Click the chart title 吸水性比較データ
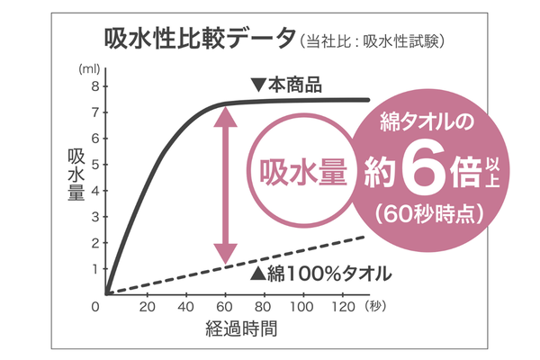tap(198, 38)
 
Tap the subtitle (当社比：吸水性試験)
tap(373, 40)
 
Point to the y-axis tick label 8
tap(93, 86)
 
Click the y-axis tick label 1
tap(93, 268)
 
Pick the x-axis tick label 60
tap(225, 306)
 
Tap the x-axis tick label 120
tap(344, 306)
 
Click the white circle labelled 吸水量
tap(301, 170)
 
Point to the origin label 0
tap(95, 306)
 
